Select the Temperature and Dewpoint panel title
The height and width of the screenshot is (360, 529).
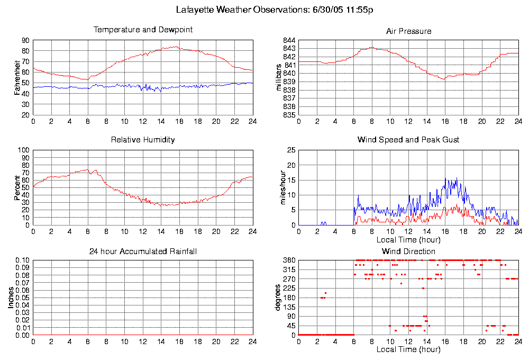click(x=143, y=30)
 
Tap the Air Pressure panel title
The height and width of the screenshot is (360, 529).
click(x=408, y=31)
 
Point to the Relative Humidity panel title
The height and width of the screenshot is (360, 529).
click(x=143, y=140)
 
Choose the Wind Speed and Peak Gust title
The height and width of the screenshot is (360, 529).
click(x=408, y=140)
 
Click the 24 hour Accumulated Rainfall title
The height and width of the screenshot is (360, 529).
click(x=143, y=251)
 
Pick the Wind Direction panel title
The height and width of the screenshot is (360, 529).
click(x=408, y=251)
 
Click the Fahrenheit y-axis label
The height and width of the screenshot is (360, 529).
click(x=17, y=77)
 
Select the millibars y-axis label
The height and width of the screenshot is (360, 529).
click(x=279, y=77)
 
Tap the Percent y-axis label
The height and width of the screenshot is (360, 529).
click(x=17, y=187)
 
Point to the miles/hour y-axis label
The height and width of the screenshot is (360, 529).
click(x=279, y=187)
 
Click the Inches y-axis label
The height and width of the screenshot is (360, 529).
click(x=11, y=298)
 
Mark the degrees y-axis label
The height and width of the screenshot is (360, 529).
click(x=279, y=298)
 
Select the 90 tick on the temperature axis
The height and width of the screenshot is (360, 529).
click(x=25, y=40)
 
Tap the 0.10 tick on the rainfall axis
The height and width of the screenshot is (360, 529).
click(x=22, y=260)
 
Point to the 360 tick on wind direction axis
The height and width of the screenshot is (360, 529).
click(x=289, y=260)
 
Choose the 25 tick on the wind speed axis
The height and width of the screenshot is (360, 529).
click(x=290, y=150)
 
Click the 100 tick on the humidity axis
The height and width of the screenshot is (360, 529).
click(x=23, y=150)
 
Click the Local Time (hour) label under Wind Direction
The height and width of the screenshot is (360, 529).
click(x=408, y=349)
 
